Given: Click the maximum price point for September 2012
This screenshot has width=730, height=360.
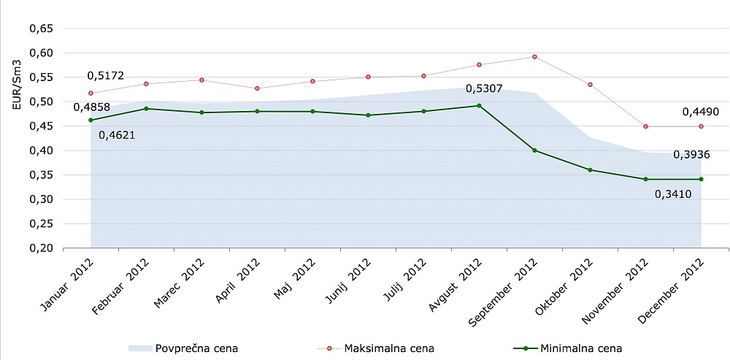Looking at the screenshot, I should click(x=534, y=57).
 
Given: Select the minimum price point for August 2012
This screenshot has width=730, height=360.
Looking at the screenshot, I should click(x=479, y=105).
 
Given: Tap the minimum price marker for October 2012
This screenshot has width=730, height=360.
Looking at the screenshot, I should click(x=590, y=170).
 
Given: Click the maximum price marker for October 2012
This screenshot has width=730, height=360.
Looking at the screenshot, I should click(x=590, y=85).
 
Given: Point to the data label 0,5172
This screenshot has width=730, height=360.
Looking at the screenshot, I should click(x=105, y=75).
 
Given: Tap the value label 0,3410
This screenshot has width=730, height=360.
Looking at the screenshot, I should click(x=672, y=194).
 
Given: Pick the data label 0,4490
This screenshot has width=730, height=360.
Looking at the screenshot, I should click(x=702, y=112).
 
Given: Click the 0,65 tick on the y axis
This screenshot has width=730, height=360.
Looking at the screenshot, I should click(x=41, y=28).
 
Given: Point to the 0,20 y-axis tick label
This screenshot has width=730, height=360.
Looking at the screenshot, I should click(x=41, y=248).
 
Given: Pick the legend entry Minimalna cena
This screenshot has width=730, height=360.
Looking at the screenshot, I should click(x=581, y=348).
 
